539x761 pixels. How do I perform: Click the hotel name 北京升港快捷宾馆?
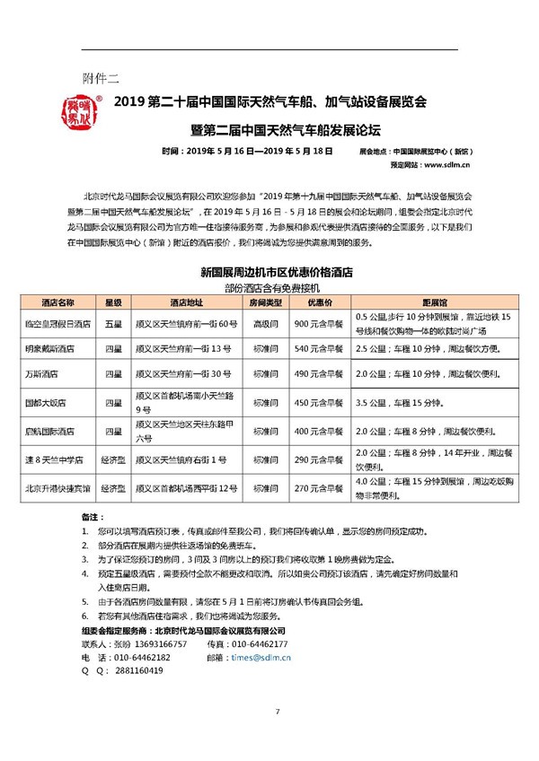click(58, 487)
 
